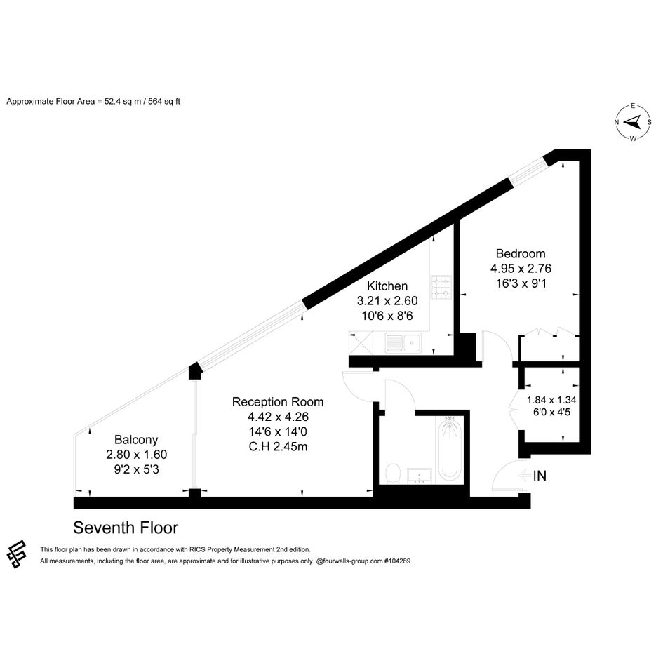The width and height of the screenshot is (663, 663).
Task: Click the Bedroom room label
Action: tap(521, 254)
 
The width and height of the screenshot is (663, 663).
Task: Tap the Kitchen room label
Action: tap(387, 286)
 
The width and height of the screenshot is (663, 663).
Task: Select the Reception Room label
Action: tap(278, 402)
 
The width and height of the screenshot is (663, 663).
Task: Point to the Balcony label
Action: tap(136, 440)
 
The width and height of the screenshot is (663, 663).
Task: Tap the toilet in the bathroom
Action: tap(393, 473)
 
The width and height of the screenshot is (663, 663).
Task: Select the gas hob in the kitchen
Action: tap(441, 287)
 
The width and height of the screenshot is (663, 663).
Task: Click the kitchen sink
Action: tap(403, 343)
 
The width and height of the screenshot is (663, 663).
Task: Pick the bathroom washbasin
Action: tap(419, 476)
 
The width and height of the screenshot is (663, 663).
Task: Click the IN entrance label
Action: tap(540, 476)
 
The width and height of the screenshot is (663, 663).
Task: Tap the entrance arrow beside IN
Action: tap(525, 476)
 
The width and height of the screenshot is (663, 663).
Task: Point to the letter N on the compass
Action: tap(617, 122)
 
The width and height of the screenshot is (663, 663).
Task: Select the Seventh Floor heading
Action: tap(126, 528)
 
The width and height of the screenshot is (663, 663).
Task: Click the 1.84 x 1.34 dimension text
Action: tap(551, 400)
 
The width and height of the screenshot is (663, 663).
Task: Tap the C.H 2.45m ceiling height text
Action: tap(278, 446)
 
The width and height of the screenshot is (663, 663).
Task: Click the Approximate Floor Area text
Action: tap(93, 102)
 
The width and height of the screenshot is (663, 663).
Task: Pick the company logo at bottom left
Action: tap(17, 554)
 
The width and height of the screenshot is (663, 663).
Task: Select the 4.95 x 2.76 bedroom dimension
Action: tap(521, 269)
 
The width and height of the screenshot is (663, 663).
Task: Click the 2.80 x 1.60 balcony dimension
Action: tap(136, 455)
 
